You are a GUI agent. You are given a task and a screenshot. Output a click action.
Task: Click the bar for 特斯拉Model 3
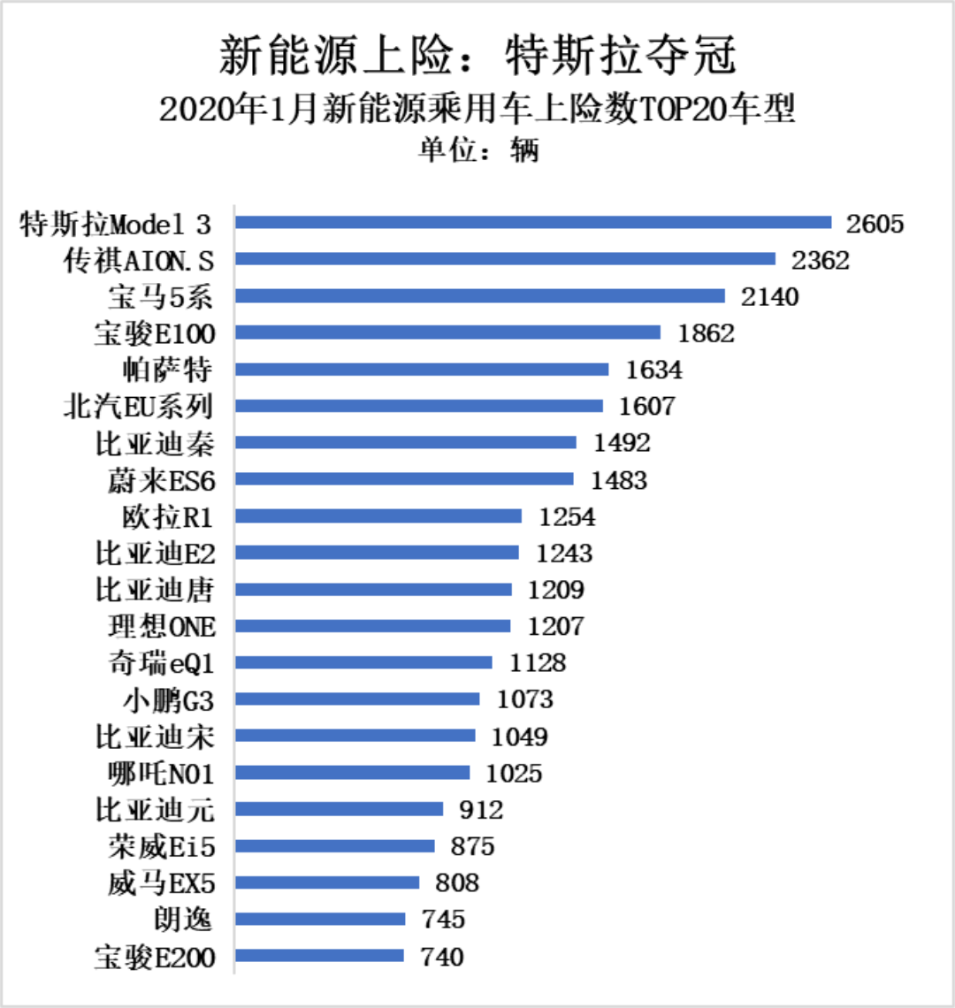click(x=533, y=223)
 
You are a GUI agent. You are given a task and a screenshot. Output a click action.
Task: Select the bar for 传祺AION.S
click(x=505, y=259)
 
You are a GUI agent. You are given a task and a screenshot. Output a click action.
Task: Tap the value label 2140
click(x=769, y=297)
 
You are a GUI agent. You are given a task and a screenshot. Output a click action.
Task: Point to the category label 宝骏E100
click(x=155, y=333)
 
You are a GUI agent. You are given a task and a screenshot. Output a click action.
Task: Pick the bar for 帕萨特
click(x=422, y=369)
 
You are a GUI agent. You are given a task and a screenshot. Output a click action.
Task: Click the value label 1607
click(x=646, y=407)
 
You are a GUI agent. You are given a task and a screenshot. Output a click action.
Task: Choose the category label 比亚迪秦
click(x=155, y=443)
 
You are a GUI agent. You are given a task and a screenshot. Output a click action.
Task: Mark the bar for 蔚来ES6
click(x=404, y=478)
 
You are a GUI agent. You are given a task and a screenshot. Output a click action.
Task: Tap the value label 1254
click(x=567, y=516)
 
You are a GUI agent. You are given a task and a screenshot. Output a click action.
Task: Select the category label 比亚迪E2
click(x=155, y=554)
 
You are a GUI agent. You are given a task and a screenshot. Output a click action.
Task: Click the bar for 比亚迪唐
click(x=373, y=589)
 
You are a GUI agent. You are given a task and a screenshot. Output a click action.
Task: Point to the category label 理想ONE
click(x=161, y=627)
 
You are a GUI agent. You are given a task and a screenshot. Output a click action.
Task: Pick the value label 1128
click(x=538, y=663)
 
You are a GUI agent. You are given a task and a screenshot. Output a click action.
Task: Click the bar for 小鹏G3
click(x=357, y=699)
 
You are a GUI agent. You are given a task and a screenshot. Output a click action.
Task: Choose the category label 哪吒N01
click(x=160, y=774)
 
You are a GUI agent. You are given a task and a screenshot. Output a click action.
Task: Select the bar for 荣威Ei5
click(x=335, y=846)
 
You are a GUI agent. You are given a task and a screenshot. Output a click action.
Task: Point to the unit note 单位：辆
click(x=477, y=150)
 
